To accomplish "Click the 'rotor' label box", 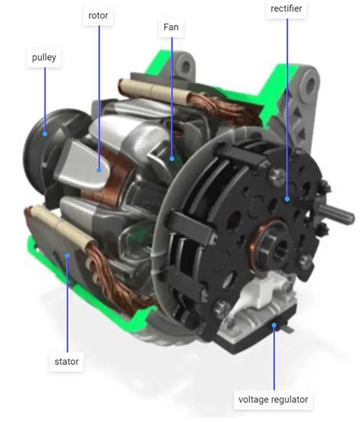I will pyautogui.click(x=98, y=15).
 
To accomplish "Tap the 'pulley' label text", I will pyautogui.click(x=44, y=58).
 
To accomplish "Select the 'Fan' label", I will pyautogui.click(x=171, y=27).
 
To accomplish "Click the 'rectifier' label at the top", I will pyautogui.click(x=288, y=8).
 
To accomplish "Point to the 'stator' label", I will pyautogui.click(x=66, y=361).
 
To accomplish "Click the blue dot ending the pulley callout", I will pyautogui.click(x=45, y=134).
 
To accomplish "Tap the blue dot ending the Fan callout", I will pyautogui.click(x=172, y=159).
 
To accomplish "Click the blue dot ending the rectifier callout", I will pyautogui.click(x=288, y=199).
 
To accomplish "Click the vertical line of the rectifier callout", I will pyautogui.click(x=288, y=106).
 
